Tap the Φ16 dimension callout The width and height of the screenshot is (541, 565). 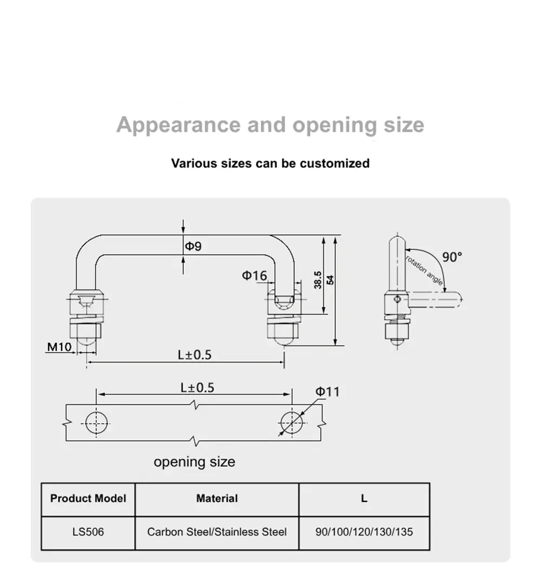coord(254,276)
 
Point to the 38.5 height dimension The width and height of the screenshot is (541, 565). coord(318,280)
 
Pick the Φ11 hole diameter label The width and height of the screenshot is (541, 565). coord(327,391)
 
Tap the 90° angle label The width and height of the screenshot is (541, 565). coord(452,257)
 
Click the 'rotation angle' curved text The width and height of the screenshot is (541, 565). coord(425,270)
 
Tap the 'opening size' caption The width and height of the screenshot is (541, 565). coord(194,462)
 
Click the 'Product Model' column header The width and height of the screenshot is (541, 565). coord(88,498)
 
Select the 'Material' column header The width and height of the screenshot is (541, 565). coord(217,498)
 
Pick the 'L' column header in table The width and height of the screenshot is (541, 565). coord(364,498)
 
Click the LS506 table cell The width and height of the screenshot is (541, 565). coord(88,532)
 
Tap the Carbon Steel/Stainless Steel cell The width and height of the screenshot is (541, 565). coord(217,532)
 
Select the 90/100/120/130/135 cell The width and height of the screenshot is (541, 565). coord(364,532)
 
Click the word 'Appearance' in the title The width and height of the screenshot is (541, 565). coord(179,125)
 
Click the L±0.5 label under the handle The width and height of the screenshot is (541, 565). coord(194,355)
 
